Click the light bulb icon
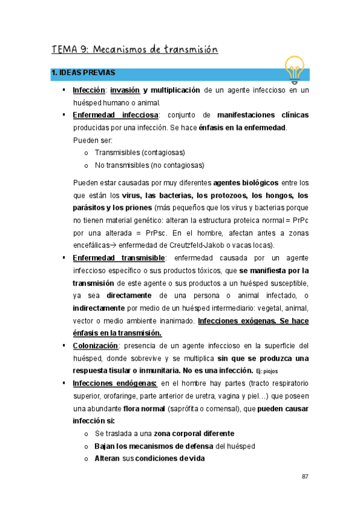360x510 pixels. point(295,68)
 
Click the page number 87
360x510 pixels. point(305,477)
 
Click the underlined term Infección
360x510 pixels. point(90,90)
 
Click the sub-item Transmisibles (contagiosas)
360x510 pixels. point(139,152)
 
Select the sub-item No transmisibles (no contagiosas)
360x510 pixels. point(149,165)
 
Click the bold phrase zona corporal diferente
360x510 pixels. point(194,434)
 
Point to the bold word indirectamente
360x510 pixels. point(100,308)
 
